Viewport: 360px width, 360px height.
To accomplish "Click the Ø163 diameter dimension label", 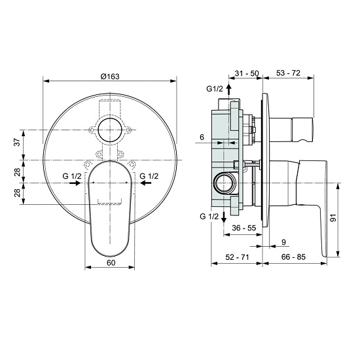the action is coord(110,76).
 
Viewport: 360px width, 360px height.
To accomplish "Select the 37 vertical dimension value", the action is coord(18,143).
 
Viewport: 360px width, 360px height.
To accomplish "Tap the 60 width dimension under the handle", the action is coord(111,262).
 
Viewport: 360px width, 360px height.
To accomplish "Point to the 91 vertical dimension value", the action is coord(334,218).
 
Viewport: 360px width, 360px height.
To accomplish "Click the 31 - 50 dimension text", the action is coord(246,73).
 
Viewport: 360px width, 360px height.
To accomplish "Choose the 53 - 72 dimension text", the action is coord(288,73).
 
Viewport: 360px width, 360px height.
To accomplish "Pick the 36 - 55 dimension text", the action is coord(244,228).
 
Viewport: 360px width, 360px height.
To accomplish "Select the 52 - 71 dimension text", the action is coord(237,257).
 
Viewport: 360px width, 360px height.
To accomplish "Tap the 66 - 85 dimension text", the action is coord(293,257).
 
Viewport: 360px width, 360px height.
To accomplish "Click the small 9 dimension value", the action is coord(283,242).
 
